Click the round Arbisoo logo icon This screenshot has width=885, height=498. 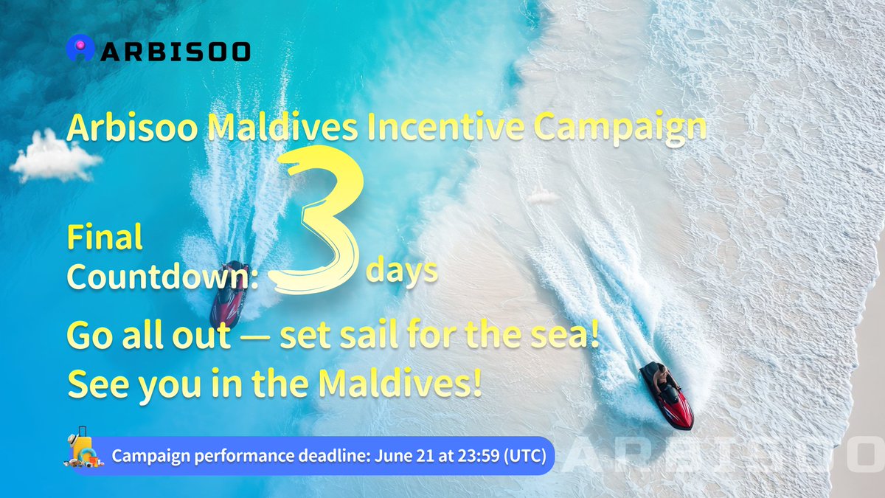78,49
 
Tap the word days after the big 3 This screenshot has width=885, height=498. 401,272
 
